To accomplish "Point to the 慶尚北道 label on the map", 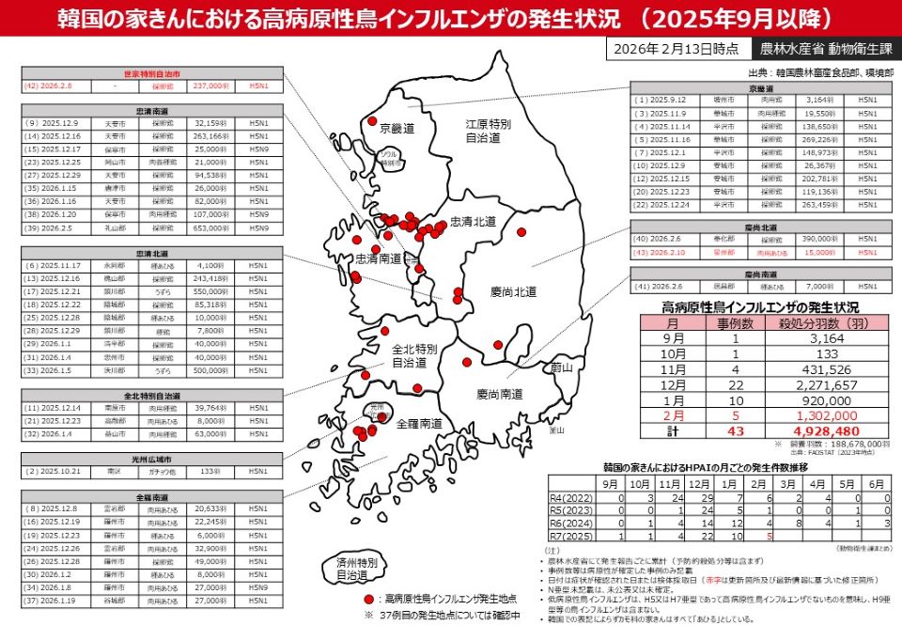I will [x=514, y=292].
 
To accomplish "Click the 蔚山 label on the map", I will [x=562, y=367].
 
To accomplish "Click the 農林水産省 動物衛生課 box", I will [x=815, y=49].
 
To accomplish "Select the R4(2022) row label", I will [x=571, y=497].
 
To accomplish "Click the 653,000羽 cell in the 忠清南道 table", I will [x=211, y=227].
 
